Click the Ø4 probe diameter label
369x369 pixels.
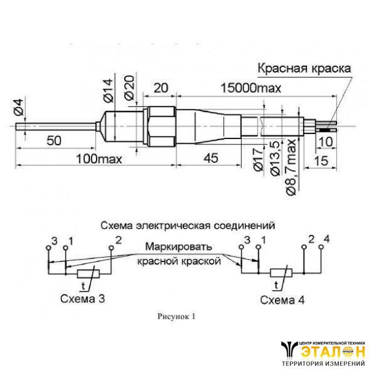click(x=19, y=109)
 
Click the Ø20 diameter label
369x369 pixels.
click(x=129, y=90)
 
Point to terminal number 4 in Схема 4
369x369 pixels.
click(x=327, y=238)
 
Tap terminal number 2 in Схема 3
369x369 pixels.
click(x=119, y=239)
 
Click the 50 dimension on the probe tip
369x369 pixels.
click(x=55, y=141)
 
